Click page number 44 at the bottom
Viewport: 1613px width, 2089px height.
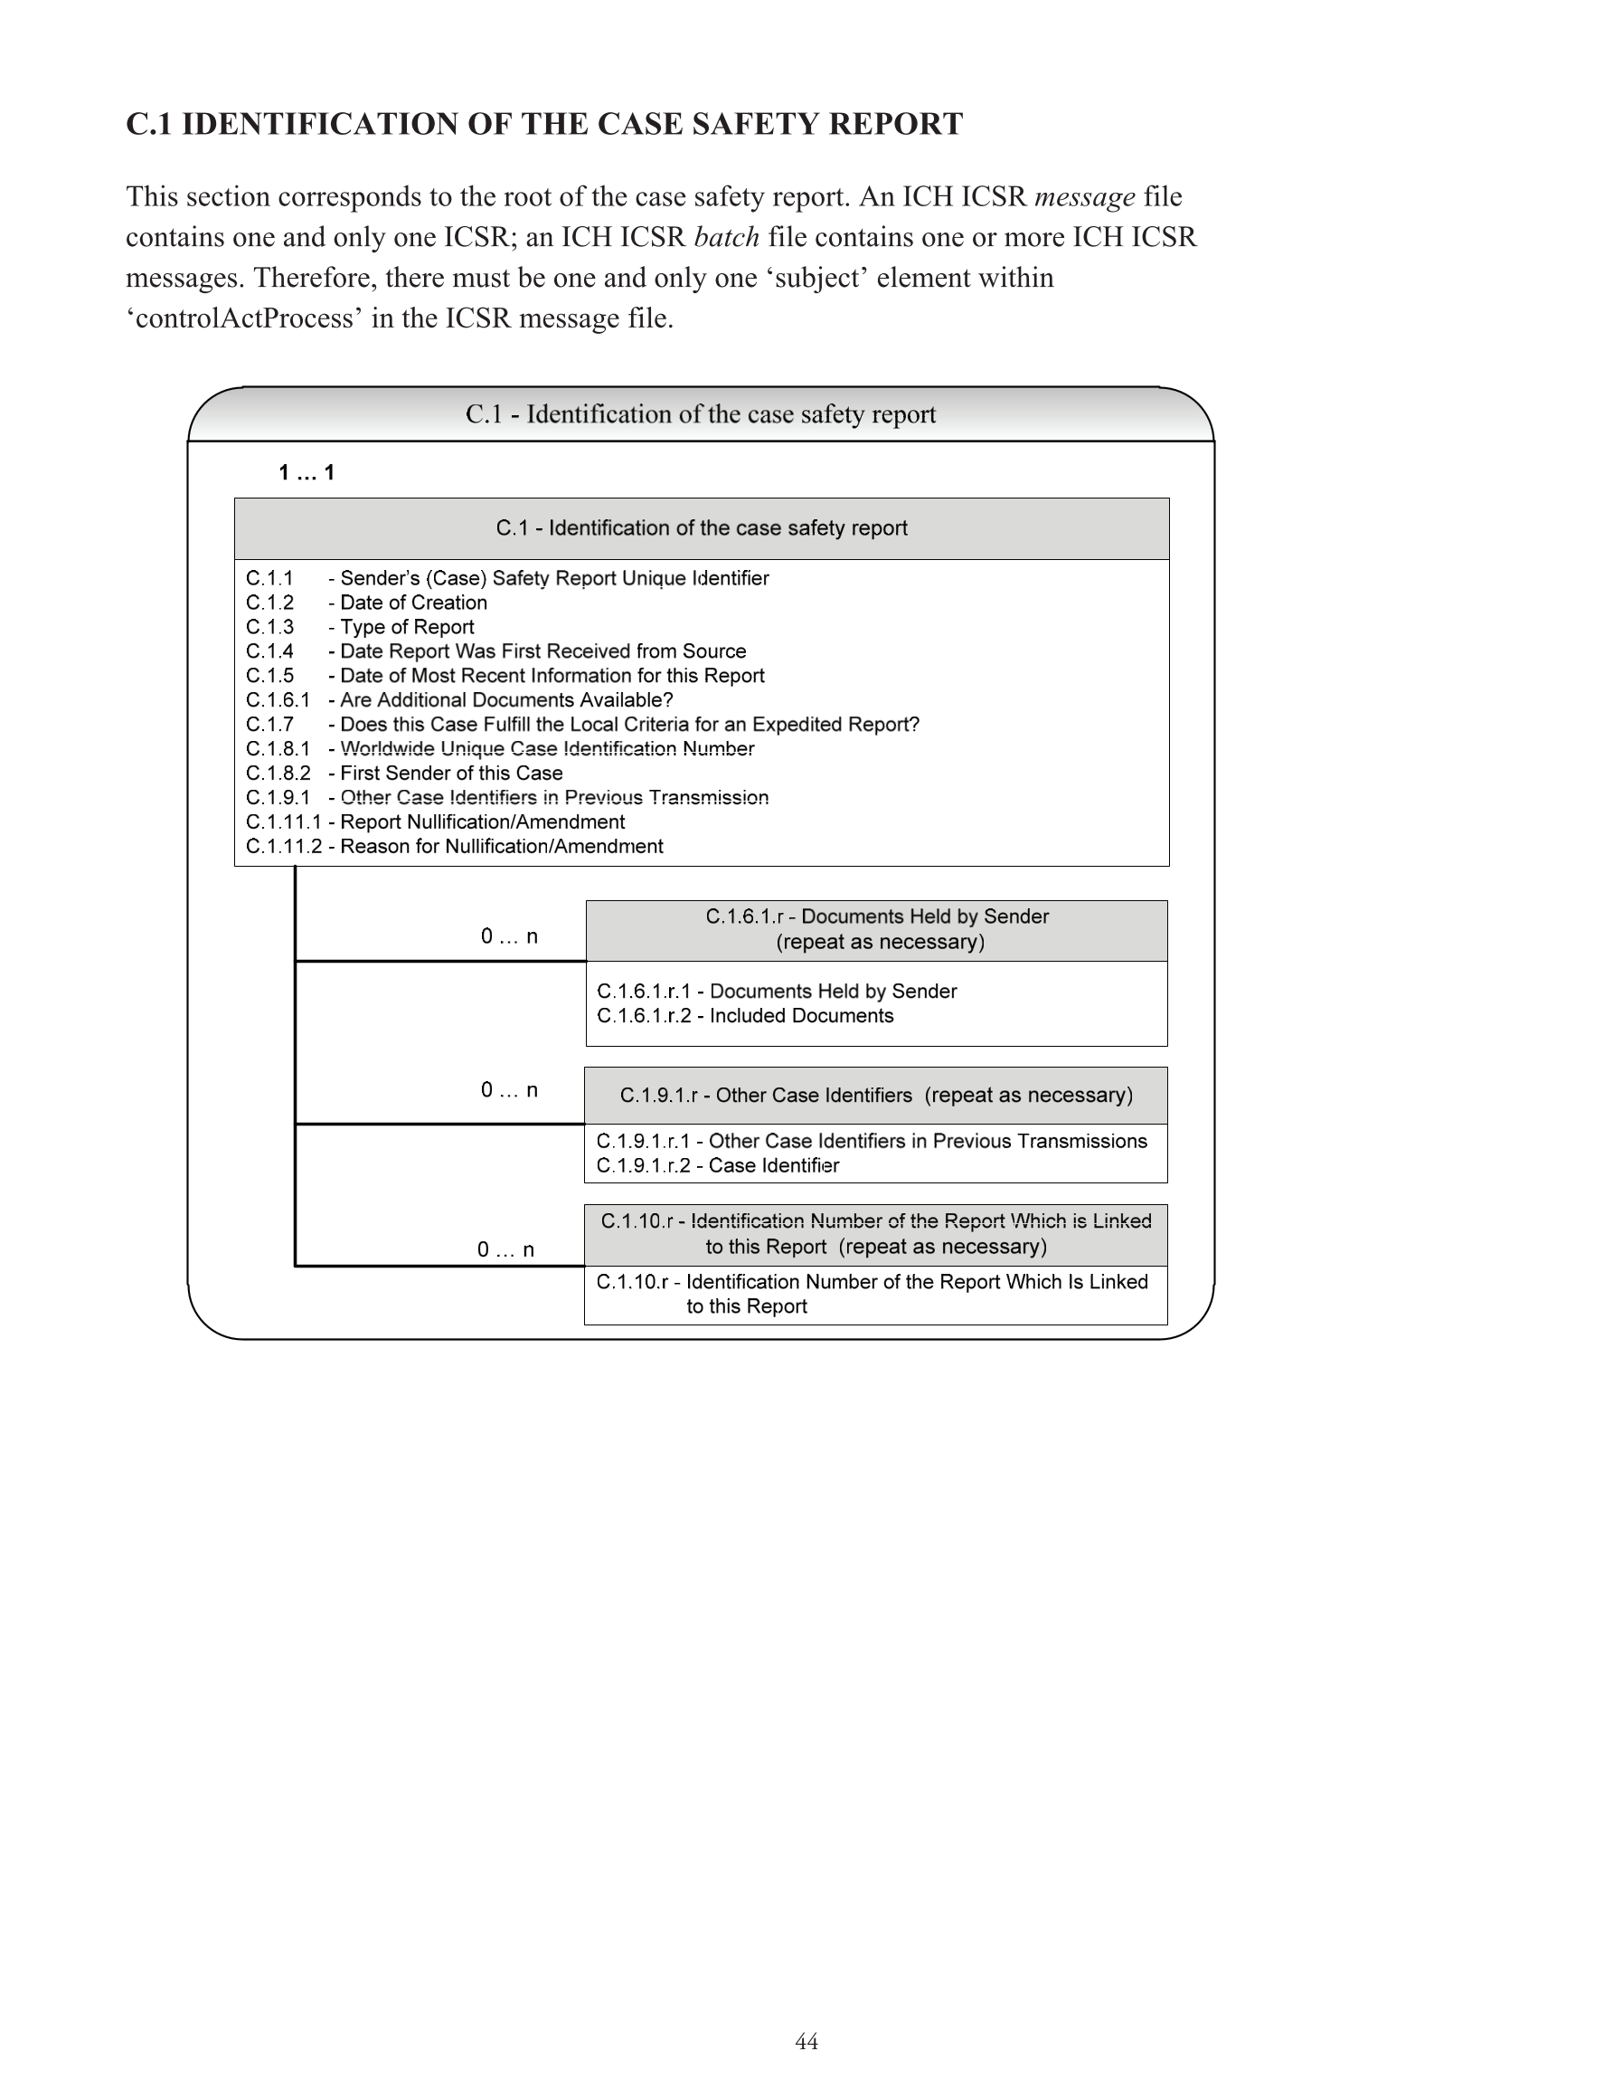pyautogui.click(x=806, y=2042)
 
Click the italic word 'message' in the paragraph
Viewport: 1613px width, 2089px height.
pyautogui.click(x=1084, y=197)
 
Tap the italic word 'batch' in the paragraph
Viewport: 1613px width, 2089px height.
pyautogui.click(x=727, y=237)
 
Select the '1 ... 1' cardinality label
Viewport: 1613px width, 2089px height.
pyautogui.click(x=306, y=472)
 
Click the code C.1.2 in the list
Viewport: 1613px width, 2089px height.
pyautogui.click(x=269, y=603)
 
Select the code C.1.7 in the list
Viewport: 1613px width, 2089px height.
pyautogui.click(x=269, y=725)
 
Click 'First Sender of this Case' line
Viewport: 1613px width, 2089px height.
pyautogui.click(x=451, y=774)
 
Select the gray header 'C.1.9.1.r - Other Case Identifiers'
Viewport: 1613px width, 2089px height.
pyautogui.click(x=876, y=1096)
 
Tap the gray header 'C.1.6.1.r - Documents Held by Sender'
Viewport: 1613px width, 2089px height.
pyautogui.click(x=877, y=930)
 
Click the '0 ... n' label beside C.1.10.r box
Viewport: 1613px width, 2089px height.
pyautogui.click(x=505, y=1250)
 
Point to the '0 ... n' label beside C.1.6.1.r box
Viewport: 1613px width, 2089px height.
pyautogui.click(x=509, y=936)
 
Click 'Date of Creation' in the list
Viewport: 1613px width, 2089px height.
pyautogui.click(x=413, y=603)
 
